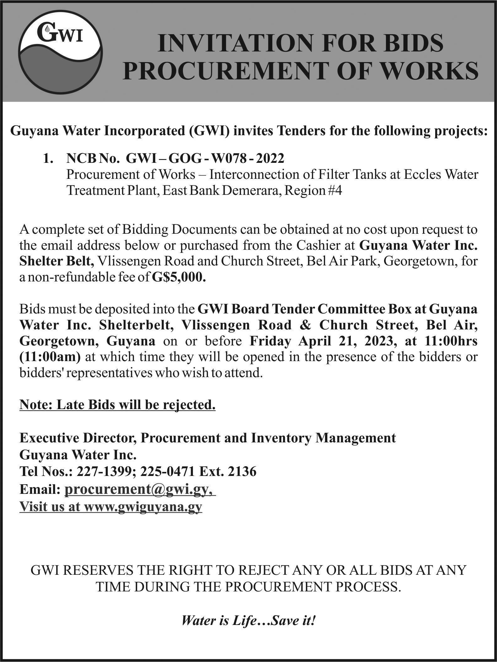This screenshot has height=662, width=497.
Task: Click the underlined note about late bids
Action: (x=117, y=405)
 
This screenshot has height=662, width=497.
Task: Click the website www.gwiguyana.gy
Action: (x=143, y=506)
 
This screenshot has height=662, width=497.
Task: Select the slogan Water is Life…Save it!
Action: (x=248, y=621)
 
